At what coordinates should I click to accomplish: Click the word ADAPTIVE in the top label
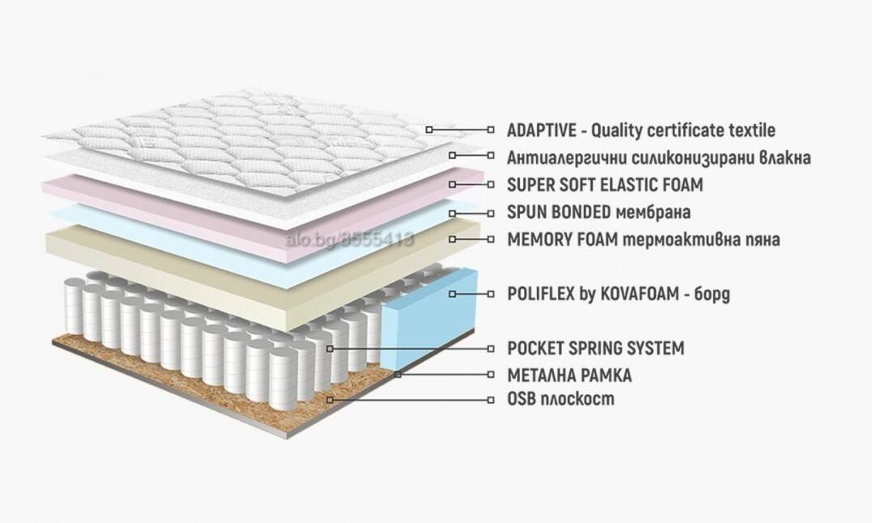point(541,130)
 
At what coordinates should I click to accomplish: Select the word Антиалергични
point(566,157)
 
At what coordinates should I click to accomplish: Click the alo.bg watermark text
point(349,240)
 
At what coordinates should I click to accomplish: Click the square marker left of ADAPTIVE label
point(429,130)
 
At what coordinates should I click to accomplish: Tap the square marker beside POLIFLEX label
point(491,293)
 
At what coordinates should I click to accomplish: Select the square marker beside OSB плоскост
point(491,400)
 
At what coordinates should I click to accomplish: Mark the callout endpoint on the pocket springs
point(330,348)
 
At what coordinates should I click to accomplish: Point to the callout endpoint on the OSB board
point(330,400)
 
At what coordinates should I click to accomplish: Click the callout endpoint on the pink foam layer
point(453,184)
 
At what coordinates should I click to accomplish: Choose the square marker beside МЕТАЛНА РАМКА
point(491,375)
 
